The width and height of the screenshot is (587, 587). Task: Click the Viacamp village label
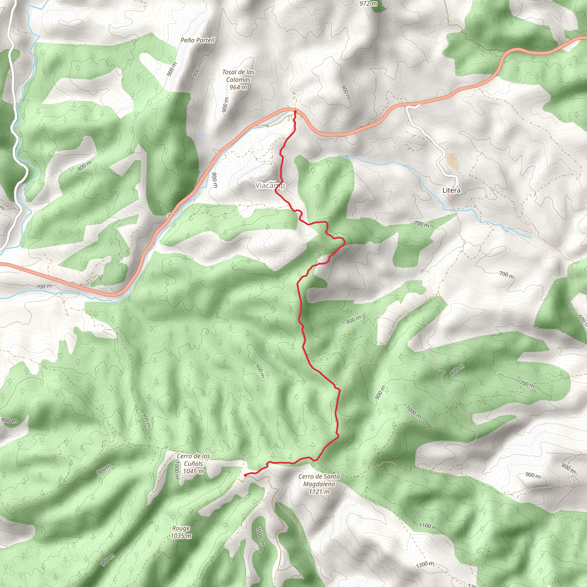(270, 185)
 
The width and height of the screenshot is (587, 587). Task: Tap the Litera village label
(451, 191)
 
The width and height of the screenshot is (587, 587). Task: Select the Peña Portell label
(197, 40)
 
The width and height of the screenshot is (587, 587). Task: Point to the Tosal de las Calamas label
(238, 76)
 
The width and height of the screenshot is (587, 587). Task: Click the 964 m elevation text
(238, 87)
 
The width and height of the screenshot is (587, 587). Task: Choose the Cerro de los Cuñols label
(193, 460)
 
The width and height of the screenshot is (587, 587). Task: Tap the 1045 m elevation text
(193, 471)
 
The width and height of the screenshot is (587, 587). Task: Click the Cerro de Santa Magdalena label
(319, 480)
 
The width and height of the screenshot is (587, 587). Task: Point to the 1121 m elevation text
(319, 492)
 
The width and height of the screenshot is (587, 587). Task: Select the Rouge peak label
(181, 528)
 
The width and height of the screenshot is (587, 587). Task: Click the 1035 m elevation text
(181, 536)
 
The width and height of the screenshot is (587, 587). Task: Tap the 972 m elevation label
(368, 4)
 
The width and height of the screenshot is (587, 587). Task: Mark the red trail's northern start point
(295, 112)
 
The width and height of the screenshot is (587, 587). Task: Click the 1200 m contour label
(425, 565)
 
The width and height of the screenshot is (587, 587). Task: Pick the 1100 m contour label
(428, 526)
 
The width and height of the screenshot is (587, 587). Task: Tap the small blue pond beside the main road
(202, 134)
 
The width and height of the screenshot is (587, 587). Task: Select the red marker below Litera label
(450, 198)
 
